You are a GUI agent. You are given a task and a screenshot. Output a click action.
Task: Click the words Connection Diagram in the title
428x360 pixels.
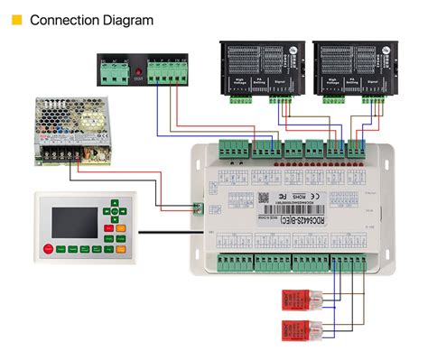(90, 19)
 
